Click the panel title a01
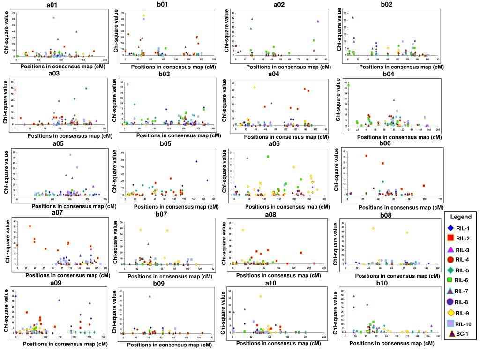coord(59,5)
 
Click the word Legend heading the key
coord(461,217)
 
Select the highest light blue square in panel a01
coord(54,18)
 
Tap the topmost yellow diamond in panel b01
coord(144,15)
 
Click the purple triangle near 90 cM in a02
coord(318,21)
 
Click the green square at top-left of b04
coord(348,85)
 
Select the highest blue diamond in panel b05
coord(196,161)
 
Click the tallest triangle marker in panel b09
coord(150,296)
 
